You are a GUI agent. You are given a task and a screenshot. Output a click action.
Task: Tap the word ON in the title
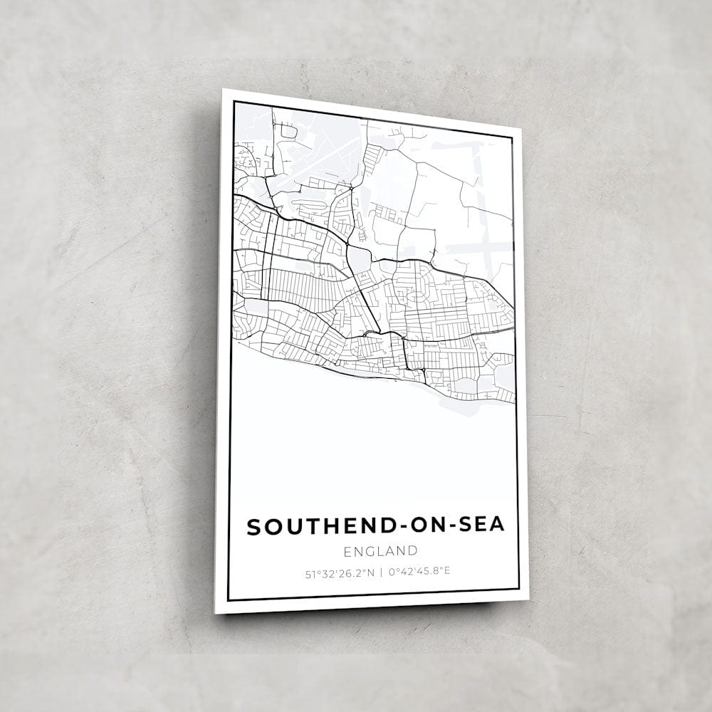coord(411,526)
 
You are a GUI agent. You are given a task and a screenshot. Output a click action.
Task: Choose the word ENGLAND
coord(379,550)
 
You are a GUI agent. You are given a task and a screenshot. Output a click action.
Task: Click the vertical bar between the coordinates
coord(381,571)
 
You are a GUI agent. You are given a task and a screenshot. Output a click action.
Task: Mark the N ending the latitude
coord(370,572)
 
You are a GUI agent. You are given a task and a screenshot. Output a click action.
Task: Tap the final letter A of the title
coord(496,525)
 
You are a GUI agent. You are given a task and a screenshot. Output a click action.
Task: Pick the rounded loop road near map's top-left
coord(288,131)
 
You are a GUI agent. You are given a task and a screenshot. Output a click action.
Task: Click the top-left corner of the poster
coord(223,90)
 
